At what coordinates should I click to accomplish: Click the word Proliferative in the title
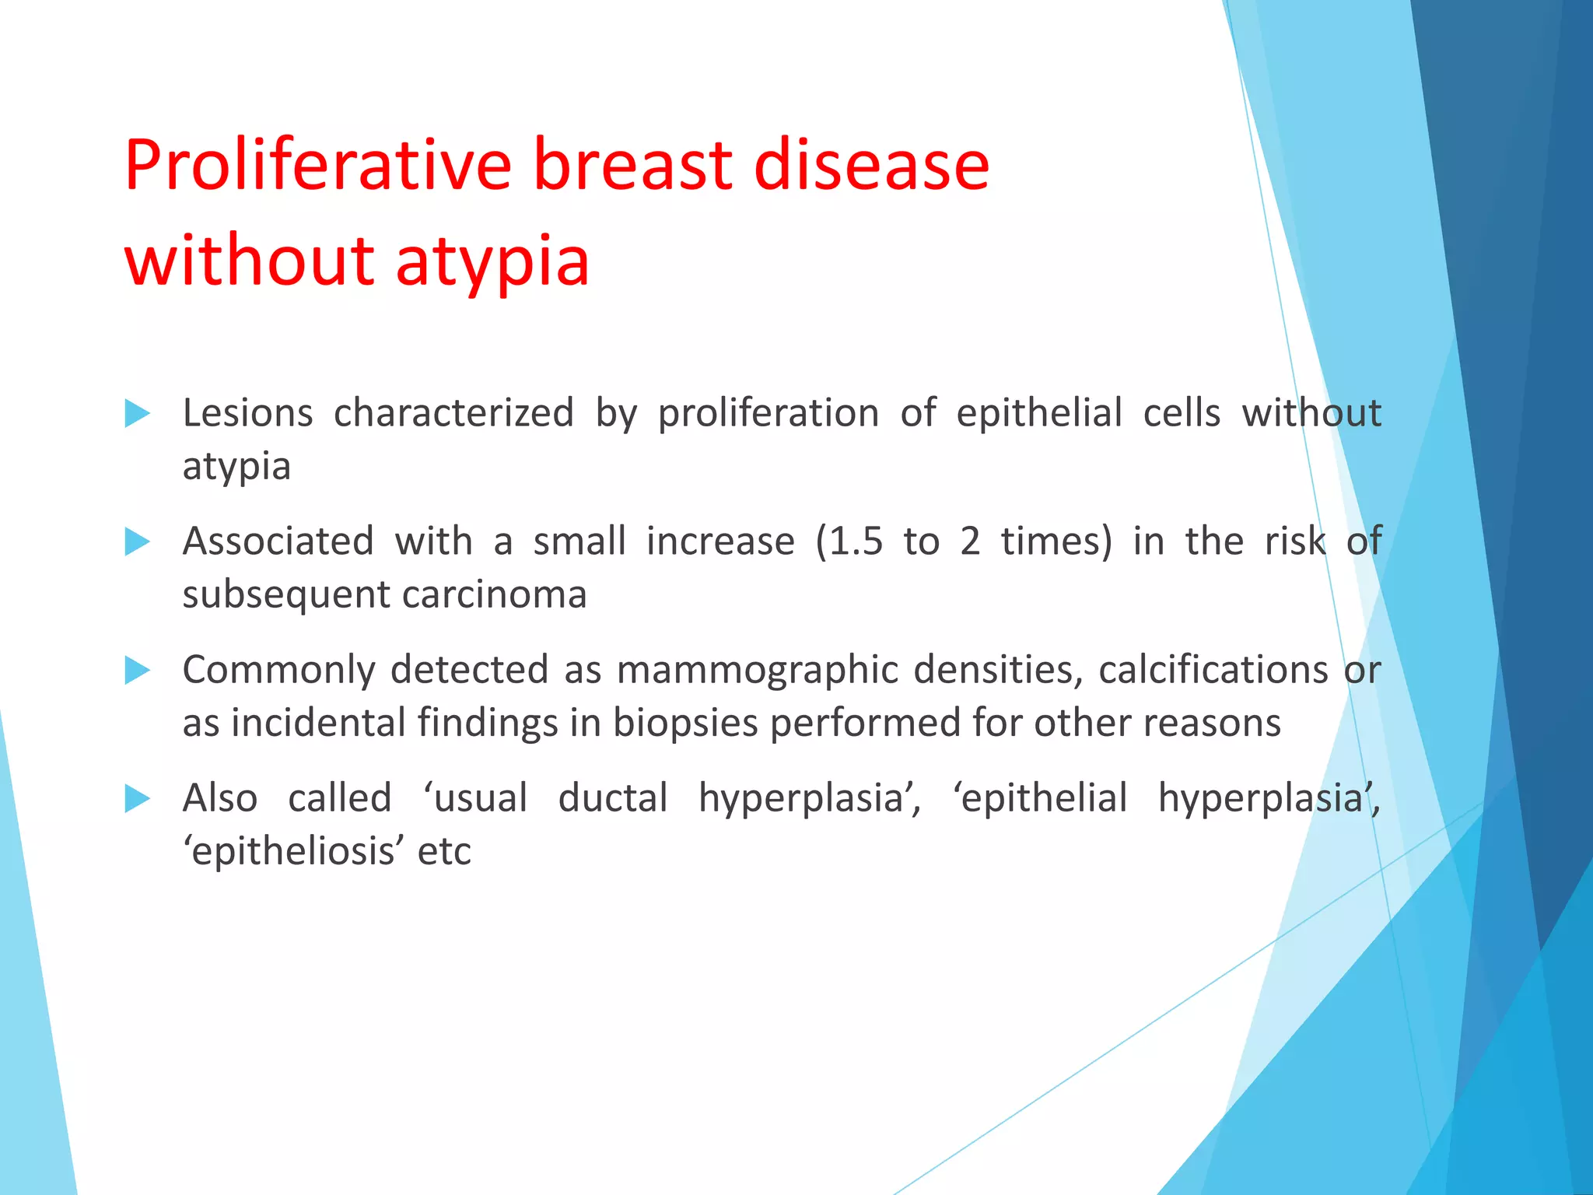pyautogui.click(x=317, y=165)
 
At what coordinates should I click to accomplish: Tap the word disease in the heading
pyautogui.click(x=870, y=165)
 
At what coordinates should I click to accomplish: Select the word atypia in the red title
pyautogui.click(x=492, y=261)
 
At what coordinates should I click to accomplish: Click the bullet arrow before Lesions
pyautogui.click(x=137, y=413)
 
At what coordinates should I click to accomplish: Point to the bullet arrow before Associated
pyautogui.click(x=137, y=541)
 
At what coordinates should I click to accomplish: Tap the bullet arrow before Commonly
pyautogui.click(x=137, y=670)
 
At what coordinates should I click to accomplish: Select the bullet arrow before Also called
pyautogui.click(x=137, y=798)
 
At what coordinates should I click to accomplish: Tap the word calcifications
pyautogui.click(x=1213, y=670)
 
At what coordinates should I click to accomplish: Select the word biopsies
pyautogui.click(x=684, y=724)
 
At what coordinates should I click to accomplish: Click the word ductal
pyautogui.click(x=613, y=798)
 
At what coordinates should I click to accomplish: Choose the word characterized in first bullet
pyautogui.click(x=453, y=413)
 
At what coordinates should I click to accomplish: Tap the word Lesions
pyautogui.click(x=247, y=413)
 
